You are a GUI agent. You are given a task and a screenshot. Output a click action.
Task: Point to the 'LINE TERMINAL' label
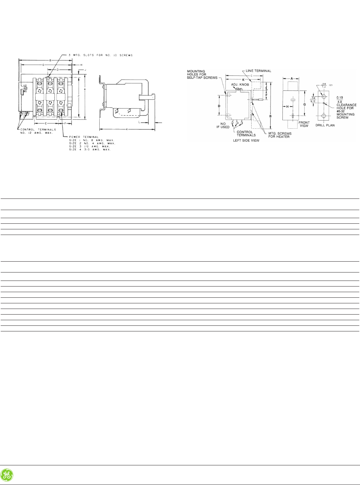point(258,71)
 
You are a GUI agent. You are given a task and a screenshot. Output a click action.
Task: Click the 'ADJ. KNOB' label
point(240,85)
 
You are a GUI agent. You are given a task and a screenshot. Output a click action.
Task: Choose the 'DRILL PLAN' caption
point(325,125)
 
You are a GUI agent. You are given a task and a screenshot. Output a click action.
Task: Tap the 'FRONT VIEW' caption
point(304,124)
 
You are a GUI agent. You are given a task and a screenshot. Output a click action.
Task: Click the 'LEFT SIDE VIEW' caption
point(246,140)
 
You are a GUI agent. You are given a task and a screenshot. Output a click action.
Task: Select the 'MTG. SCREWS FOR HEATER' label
point(279,135)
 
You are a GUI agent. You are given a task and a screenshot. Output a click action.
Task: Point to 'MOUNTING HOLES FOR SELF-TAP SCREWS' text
point(202,74)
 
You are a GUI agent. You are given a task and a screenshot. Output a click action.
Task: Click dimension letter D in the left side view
point(219,106)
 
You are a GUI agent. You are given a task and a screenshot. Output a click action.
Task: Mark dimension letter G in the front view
point(304,104)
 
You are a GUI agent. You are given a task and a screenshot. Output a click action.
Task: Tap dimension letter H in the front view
point(287,107)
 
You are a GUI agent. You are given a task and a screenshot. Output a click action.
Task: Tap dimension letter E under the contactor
point(46,123)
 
